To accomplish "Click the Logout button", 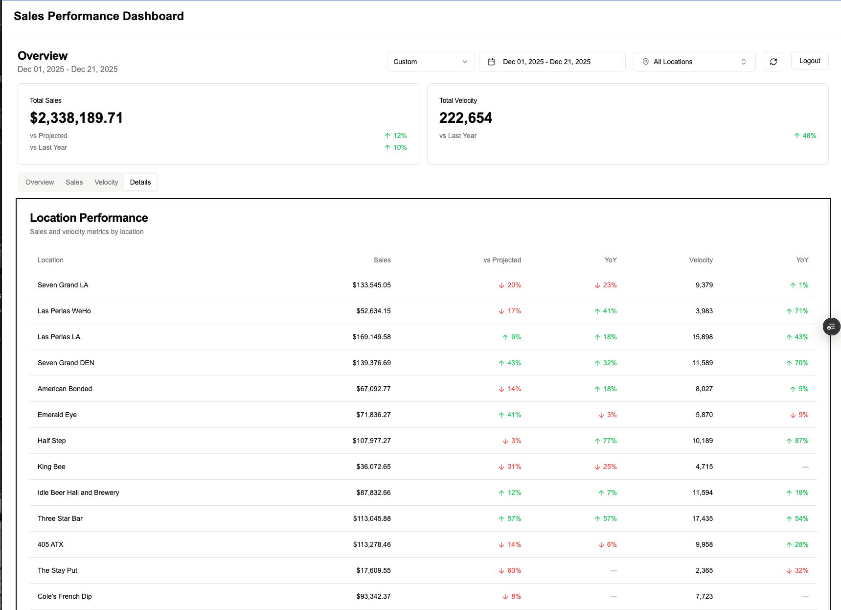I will click(x=809, y=61).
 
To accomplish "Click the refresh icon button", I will click(x=773, y=62).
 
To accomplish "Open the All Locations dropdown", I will click(x=694, y=62).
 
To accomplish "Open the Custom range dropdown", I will click(x=430, y=62).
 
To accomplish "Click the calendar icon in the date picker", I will click(x=491, y=62).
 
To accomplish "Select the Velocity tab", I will click(x=106, y=182).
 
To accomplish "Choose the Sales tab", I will click(x=74, y=182).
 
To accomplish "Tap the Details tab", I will click(x=140, y=182).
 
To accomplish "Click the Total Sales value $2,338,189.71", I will click(x=76, y=118).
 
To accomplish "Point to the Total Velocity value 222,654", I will click(x=465, y=118).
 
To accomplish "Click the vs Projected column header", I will click(x=502, y=260).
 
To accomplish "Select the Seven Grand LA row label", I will click(x=63, y=285).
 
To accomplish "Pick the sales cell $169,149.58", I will click(x=371, y=337).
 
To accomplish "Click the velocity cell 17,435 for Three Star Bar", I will click(x=702, y=518).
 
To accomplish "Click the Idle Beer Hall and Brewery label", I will click(x=78, y=493).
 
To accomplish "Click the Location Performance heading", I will click(x=89, y=218).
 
